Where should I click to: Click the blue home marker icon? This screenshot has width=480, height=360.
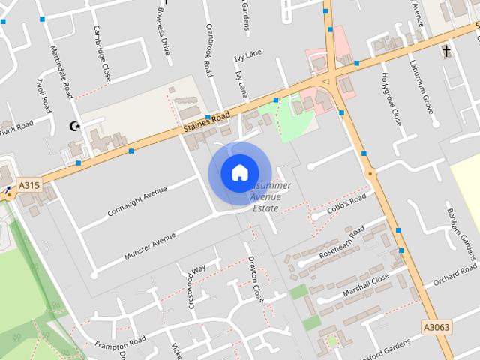pyautogui.click(x=239, y=172)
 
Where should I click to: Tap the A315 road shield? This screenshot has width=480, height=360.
pyautogui.click(x=29, y=185)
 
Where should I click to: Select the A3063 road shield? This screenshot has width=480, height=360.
pyautogui.click(x=436, y=327)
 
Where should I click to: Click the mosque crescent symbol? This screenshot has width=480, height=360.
pyautogui.click(x=73, y=127)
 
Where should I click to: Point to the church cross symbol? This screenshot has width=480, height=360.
pyautogui.click(x=447, y=51)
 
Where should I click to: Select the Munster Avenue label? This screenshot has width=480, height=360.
pyautogui.click(x=150, y=246)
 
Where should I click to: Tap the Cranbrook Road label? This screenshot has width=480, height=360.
pyautogui.click(x=209, y=49)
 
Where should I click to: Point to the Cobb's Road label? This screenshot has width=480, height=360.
pyautogui.click(x=347, y=205)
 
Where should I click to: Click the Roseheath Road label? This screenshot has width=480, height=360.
pyautogui.click(x=342, y=241)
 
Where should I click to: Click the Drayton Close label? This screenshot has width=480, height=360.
pyautogui.click(x=256, y=278)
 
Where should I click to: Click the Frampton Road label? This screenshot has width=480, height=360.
pyautogui.click(x=121, y=344)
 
